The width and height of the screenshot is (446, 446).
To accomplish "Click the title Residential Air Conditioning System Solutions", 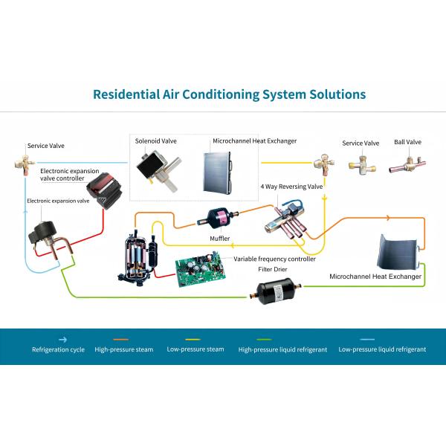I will click(228, 94).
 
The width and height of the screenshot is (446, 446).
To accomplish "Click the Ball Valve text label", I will click(407, 142).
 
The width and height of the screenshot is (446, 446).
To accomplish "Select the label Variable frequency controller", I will click(274, 259).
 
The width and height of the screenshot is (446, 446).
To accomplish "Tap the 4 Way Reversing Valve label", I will click(291, 186).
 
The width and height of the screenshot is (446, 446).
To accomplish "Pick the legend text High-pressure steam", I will click(123, 349).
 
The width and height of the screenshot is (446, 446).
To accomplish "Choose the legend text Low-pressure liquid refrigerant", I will click(382, 349).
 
